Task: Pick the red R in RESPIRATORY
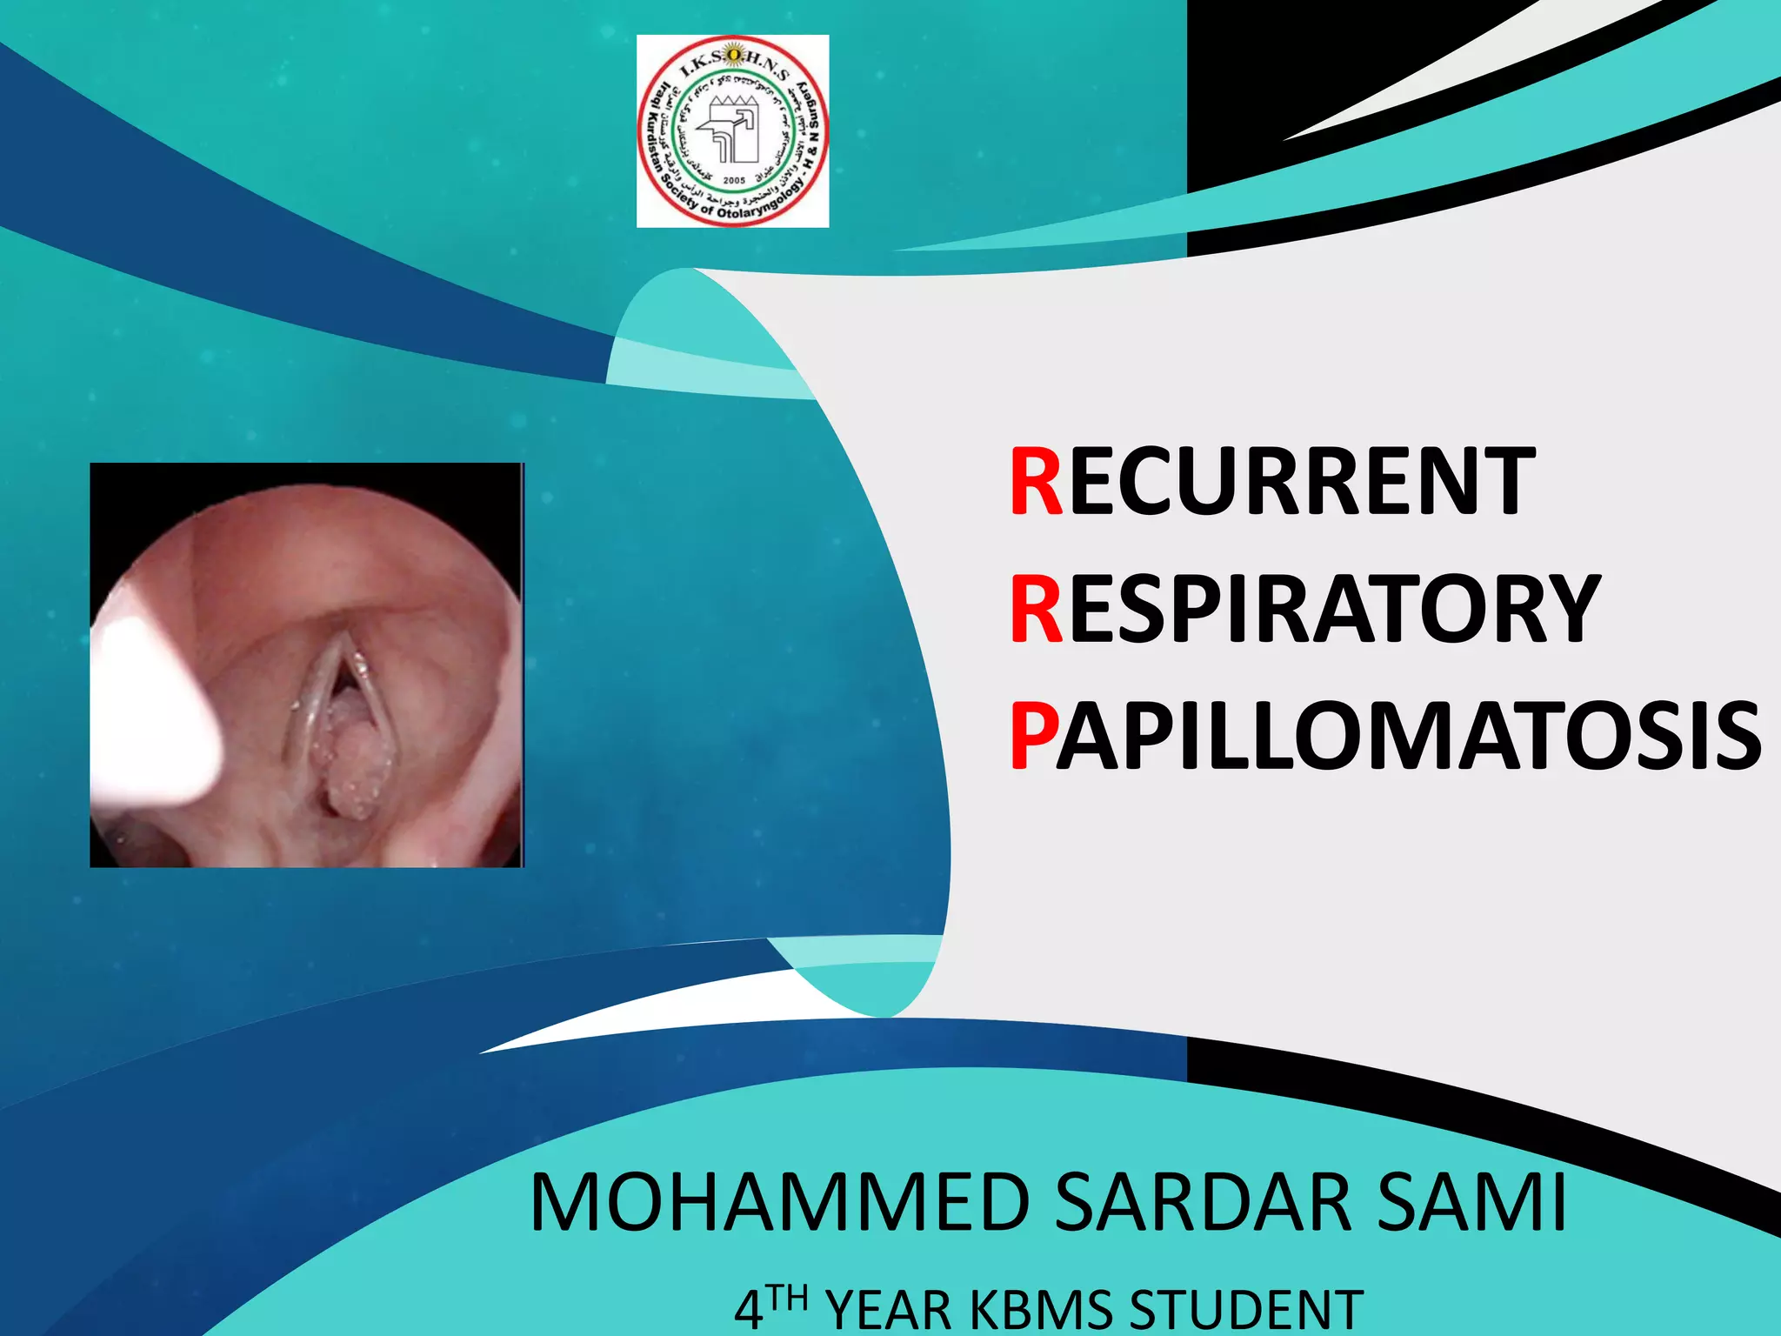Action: (x=1036, y=610)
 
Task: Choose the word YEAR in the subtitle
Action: (x=889, y=1312)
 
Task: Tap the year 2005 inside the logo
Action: (x=734, y=180)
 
